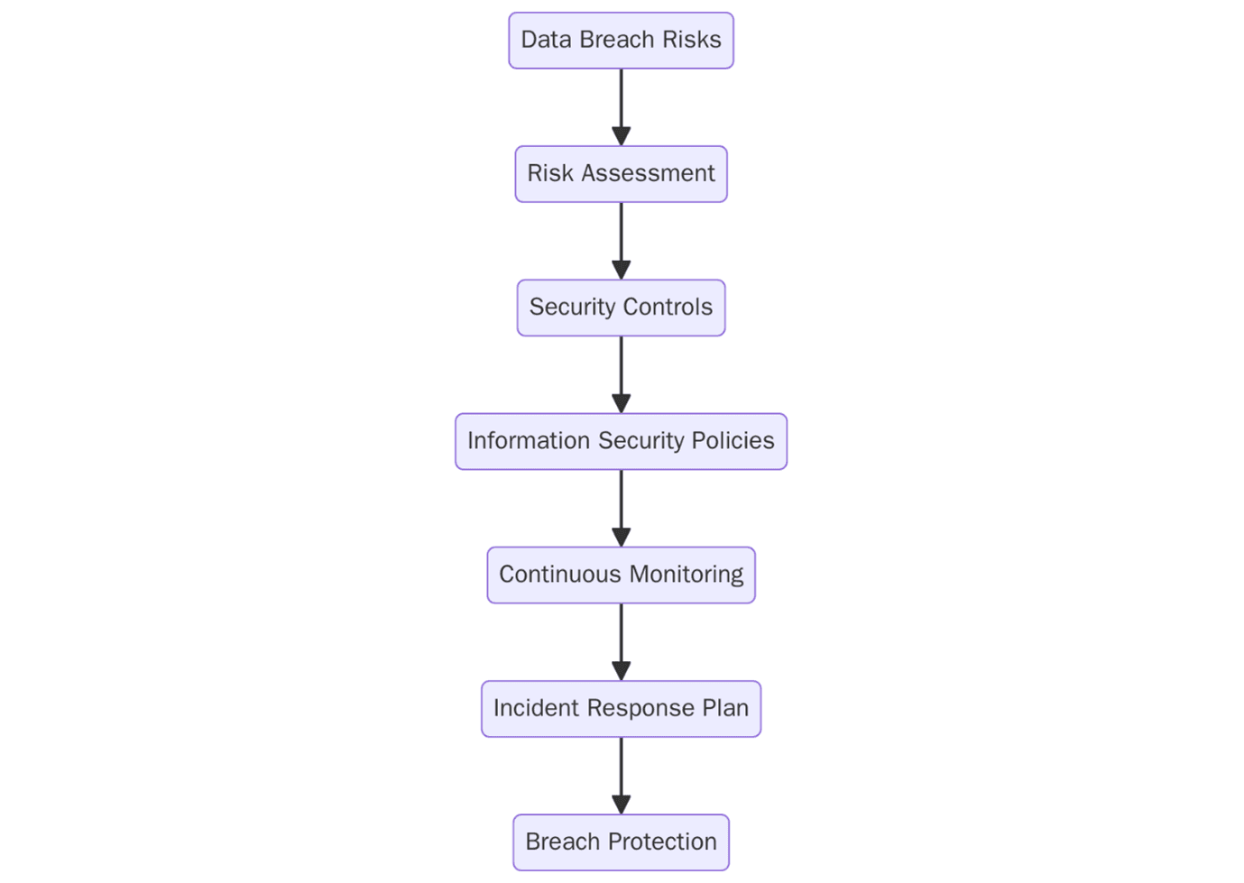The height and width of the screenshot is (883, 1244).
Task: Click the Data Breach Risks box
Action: (x=621, y=41)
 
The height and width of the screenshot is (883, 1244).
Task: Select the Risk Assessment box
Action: (x=621, y=174)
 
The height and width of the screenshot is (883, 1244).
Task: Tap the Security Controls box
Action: (x=621, y=308)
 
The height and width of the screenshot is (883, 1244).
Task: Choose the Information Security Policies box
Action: (x=621, y=441)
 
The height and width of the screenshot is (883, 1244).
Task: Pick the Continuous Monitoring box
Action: (x=621, y=575)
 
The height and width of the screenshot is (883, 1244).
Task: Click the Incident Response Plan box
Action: (x=621, y=708)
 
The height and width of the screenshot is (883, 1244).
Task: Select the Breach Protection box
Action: (x=621, y=842)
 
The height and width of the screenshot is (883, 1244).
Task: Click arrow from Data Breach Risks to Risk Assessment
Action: (x=621, y=106)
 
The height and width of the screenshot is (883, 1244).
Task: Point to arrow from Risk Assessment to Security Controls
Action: (x=621, y=240)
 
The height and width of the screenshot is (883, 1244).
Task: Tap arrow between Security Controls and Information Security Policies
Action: (x=621, y=373)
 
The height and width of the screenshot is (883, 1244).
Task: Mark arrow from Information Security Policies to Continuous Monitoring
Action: (x=621, y=507)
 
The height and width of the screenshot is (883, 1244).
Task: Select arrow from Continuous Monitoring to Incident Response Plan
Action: (x=621, y=640)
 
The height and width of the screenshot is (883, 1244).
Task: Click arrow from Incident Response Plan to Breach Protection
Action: (x=621, y=774)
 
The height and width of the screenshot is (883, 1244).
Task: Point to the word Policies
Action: (x=733, y=440)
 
